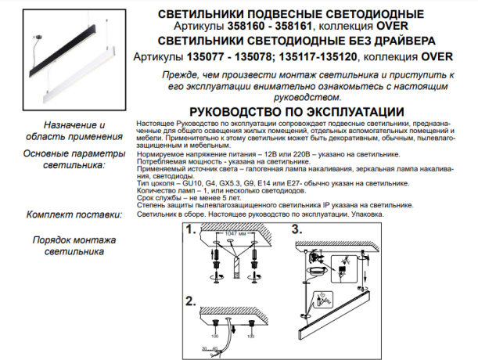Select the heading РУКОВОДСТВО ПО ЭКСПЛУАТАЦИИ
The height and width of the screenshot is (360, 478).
pyautogui.click(x=297, y=112)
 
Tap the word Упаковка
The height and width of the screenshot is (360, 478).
pyautogui.click(x=382, y=212)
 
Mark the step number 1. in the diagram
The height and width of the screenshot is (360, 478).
pyautogui.click(x=191, y=230)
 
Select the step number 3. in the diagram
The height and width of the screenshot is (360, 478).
pyautogui.click(x=296, y=230)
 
